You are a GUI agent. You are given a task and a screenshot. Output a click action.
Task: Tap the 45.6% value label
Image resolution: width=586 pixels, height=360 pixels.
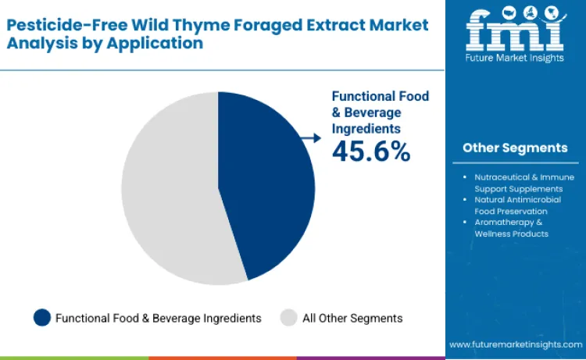pos(371,151)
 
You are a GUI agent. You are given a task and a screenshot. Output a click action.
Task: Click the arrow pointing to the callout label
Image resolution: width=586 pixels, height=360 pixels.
pos(311,138)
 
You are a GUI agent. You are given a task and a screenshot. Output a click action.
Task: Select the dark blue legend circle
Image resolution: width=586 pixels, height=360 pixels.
pos(42,318)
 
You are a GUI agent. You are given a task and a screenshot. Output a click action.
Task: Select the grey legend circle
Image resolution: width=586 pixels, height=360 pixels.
pos(288,318)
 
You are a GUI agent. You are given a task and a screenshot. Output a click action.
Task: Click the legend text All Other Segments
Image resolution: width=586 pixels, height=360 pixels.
pos(352,318)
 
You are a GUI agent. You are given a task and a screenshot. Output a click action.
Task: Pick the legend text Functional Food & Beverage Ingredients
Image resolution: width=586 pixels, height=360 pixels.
pos(159,318)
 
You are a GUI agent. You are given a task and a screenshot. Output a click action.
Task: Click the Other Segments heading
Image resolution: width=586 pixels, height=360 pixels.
pos(514,148)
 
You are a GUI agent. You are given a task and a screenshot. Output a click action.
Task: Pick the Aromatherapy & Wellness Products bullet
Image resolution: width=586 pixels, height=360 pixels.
pos(512,228)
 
